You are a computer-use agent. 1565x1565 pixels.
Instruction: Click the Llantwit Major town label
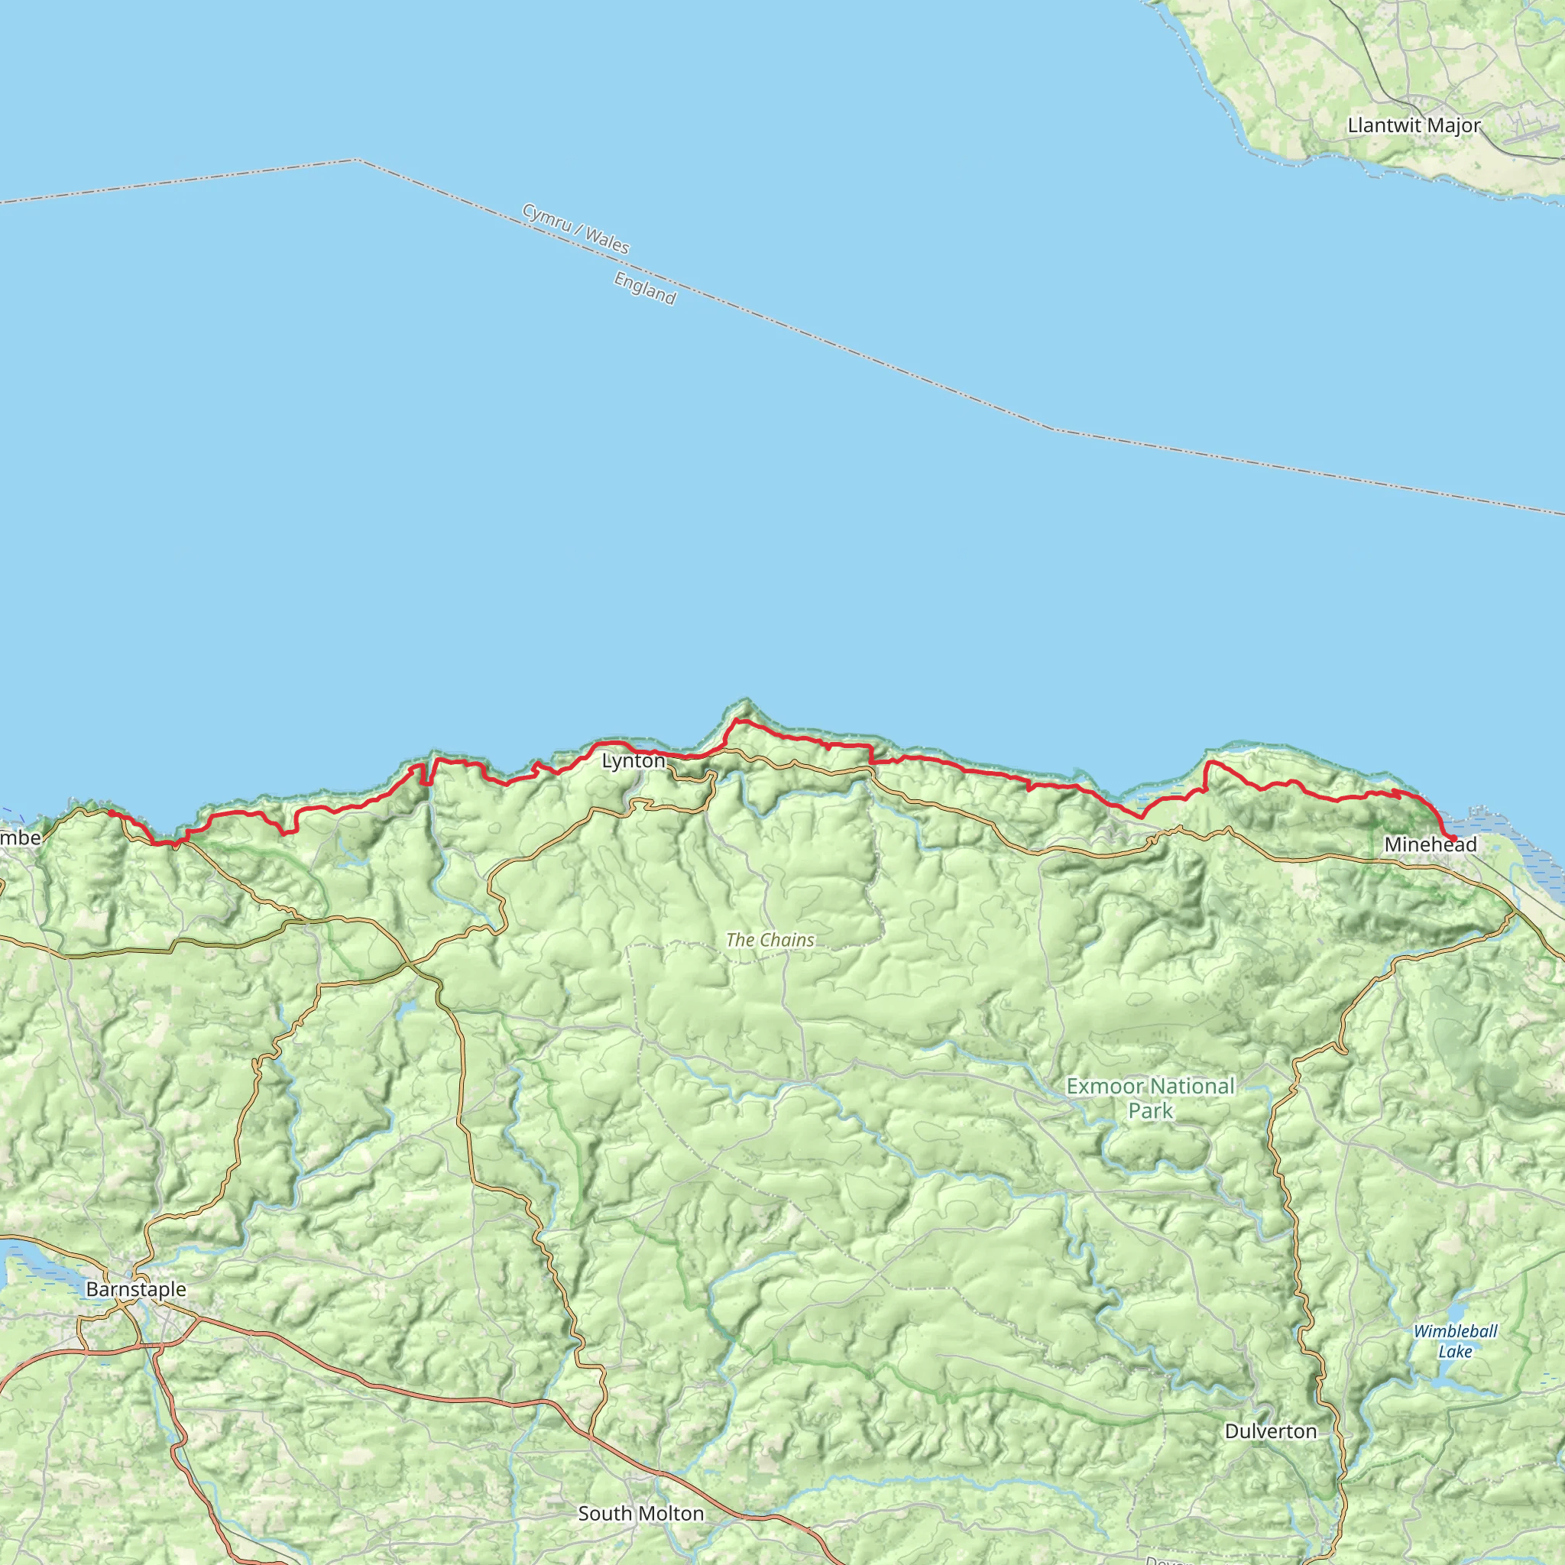(x=1414, y=125)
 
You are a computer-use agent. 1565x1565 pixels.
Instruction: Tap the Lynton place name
(x=633, y=760)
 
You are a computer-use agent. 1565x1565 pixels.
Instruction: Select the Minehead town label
(x=1431, y=844)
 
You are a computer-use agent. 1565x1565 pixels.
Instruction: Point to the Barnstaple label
(x=136, y=1289)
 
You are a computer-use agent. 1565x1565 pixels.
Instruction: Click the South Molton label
(x=640, y=1513)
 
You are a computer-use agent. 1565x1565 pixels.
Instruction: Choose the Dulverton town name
(x=1270, y=1431)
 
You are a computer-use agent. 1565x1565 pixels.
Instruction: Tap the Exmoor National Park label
(x=1150, y=1097)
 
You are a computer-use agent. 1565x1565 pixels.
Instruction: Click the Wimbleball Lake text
(x=1455, y=1340)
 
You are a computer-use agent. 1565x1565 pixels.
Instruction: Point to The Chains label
(x=770, y=940)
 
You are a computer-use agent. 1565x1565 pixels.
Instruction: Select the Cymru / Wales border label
(x=575, y=228)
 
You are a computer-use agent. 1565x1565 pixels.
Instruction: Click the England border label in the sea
(x=645, y=288)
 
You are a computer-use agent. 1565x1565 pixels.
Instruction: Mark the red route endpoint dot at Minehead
(x=1453, y=838)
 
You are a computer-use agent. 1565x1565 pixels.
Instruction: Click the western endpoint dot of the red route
(x=111, y=812)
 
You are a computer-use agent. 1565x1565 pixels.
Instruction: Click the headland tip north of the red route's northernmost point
(x=746, y=699)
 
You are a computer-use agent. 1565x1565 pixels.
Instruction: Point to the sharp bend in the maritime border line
(x=355, y=160)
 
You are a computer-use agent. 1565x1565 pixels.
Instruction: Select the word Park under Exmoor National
(x=1150, y=1110)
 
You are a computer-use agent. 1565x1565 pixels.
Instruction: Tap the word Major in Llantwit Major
(x=1453, y=125)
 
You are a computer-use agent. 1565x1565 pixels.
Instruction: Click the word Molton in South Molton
(x=670, y=1513)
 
